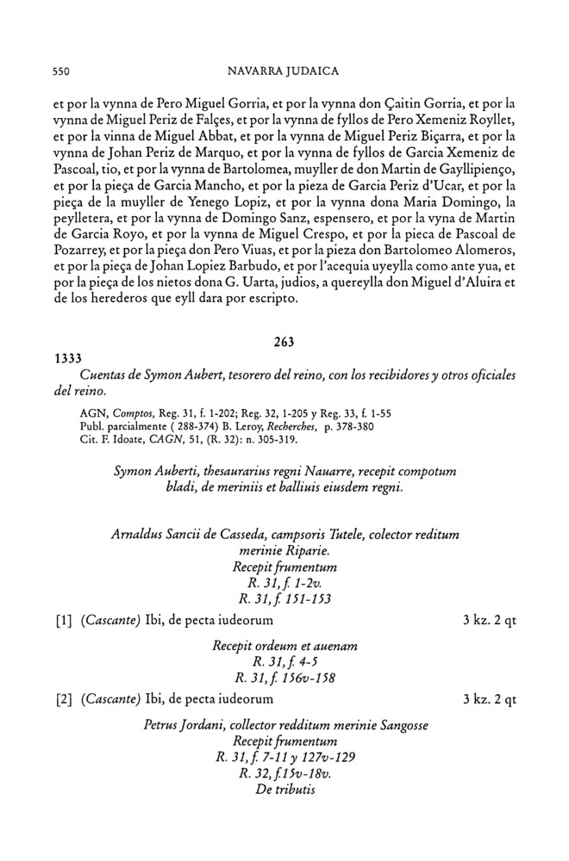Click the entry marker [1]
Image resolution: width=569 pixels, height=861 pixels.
63,620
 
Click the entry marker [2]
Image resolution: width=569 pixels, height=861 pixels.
63,699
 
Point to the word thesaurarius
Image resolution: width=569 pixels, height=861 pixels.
237,472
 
